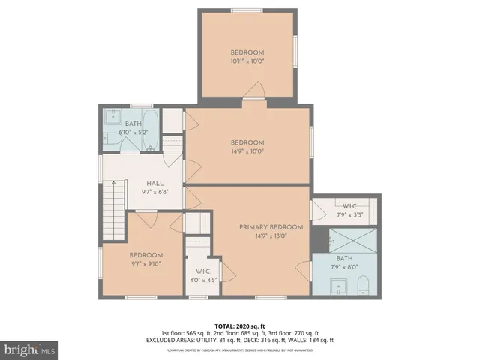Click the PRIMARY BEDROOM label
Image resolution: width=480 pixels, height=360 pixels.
271,227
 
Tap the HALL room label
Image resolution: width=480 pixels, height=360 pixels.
154,183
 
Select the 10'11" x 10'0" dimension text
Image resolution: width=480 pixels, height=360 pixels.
247,61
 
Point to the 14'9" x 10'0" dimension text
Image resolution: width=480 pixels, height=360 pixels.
247,151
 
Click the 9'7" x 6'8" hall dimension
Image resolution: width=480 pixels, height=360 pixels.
154,192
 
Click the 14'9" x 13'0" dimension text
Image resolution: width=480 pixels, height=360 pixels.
271,235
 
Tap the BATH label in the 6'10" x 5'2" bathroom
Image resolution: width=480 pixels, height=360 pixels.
133,124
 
